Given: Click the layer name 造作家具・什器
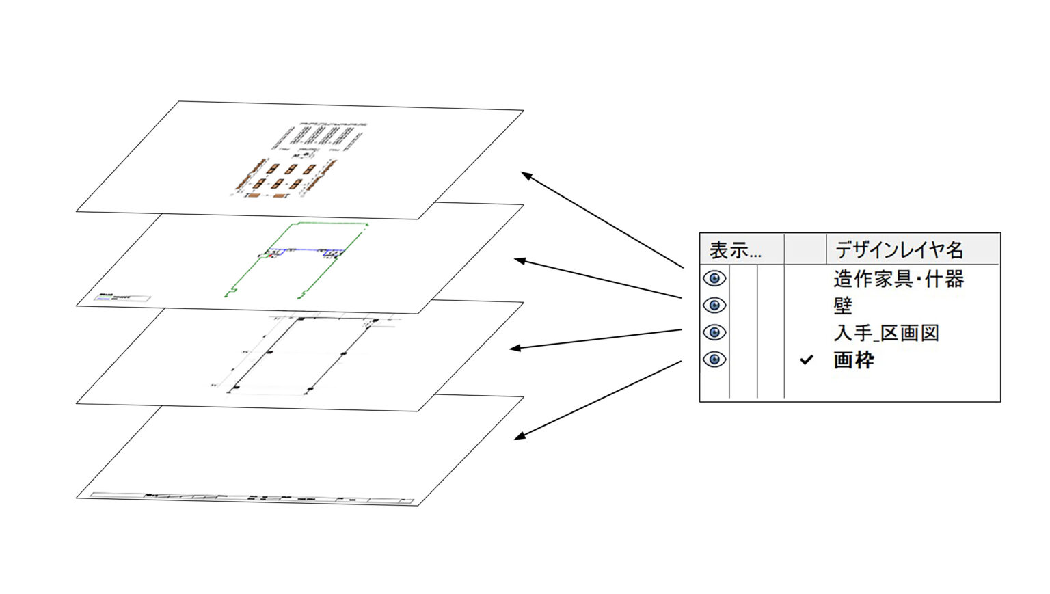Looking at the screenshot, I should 898,279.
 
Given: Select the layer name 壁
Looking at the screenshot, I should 843,306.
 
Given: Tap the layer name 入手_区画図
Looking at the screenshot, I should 886,333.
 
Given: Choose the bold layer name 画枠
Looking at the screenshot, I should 853,360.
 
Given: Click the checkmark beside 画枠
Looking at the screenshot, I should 807,360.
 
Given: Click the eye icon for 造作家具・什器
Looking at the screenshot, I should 714,278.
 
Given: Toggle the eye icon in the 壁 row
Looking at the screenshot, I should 714,305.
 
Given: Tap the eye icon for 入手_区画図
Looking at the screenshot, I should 714,332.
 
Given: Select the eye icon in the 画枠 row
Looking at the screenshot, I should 714,360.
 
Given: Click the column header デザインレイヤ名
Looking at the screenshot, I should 899,250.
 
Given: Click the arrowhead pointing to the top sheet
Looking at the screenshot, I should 526,175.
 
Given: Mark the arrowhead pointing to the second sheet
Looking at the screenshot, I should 520,260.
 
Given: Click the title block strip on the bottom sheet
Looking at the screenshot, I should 253,497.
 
